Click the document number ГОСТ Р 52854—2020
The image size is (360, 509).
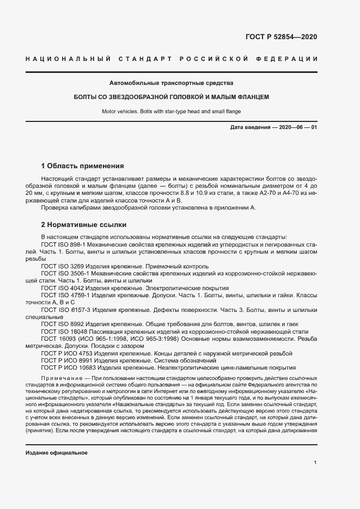(x=282, y=38)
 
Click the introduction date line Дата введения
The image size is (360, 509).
(x=273, y=127)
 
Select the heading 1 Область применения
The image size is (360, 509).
(x=83, y=165)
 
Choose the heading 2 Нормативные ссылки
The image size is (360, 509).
(x=84, y=224)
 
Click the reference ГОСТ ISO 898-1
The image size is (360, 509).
(x=62, y=246)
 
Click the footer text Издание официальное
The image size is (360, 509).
(x=57, y=453)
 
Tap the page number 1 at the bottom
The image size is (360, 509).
(x=315, y=463)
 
